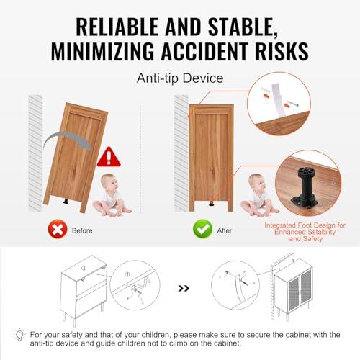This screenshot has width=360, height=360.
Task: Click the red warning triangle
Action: pyautogui.click(x=109, y=157)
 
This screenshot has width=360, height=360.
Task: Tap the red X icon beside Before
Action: pyautogui.click(x=58, y=229)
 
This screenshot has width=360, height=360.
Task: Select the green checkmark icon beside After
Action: pyautogui.click(x=202, y=229)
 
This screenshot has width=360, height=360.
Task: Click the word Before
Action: pyautogui.click(x=82, y=230)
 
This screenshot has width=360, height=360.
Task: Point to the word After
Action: pyautogui.click(x=225, y=230)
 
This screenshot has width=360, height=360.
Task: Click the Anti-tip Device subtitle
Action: pyautogui.click(x=180, y=78)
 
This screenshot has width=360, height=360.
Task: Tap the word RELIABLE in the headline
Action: pyautogui.click(x=117, y=27)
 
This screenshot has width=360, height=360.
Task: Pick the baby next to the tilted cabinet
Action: pyautogui.click(x=111, y=195)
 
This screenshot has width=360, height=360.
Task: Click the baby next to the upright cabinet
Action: pyautogui.click(x=258, y=195)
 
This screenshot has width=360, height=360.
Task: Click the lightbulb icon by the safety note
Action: pyautogui.click(x=19, y=334)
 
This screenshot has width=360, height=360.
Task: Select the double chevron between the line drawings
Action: pyautogui.click(x=184, y=288)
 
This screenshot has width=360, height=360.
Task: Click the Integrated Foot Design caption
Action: pyautogui.click(x=305, y=232)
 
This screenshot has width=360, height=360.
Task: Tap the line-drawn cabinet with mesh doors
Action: pyautogui.click(x=293, y=289)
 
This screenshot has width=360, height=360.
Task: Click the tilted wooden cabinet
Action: pyautogui.click(x=76, y=157)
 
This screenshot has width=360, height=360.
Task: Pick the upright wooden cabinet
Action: pyautogui.click(x=211, y=158)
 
